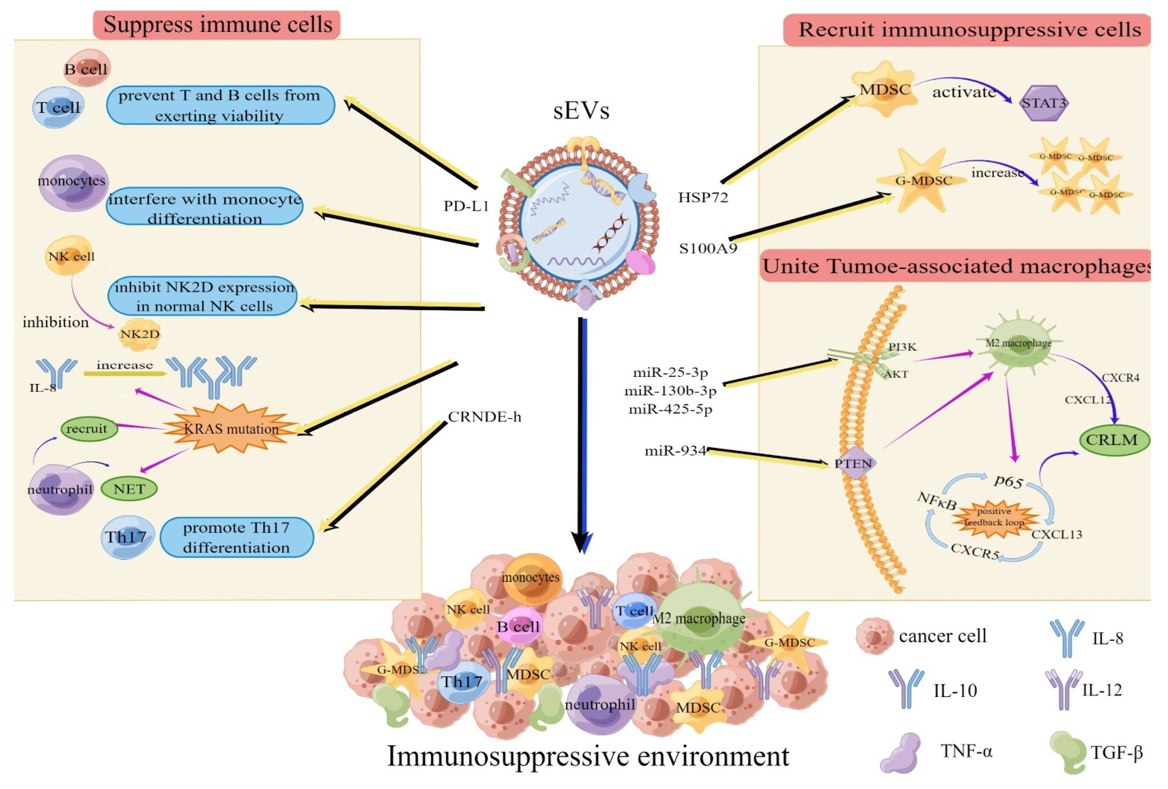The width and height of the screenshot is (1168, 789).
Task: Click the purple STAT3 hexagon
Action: click(x=1043, y=103)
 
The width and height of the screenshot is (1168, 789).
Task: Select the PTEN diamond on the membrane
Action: click(x=853, y=463)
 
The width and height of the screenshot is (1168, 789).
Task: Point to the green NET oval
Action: click(x=129, y=489)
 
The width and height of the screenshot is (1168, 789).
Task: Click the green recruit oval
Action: click(x=87, y=429)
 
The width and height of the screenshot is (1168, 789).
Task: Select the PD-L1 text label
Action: click(x=466, y=206)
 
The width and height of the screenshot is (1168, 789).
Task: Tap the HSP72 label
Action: click(x=703, y=197)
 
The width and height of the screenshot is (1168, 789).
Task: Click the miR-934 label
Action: click(x=675, y=451)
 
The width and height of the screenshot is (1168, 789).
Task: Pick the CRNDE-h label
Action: click(x=484, y=417)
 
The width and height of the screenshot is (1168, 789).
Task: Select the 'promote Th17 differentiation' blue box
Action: click(x=236, y=537)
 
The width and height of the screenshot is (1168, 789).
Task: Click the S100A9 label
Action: click(x=708, y=248)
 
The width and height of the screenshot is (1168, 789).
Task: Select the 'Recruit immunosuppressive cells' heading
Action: click(x=969, y=30)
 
